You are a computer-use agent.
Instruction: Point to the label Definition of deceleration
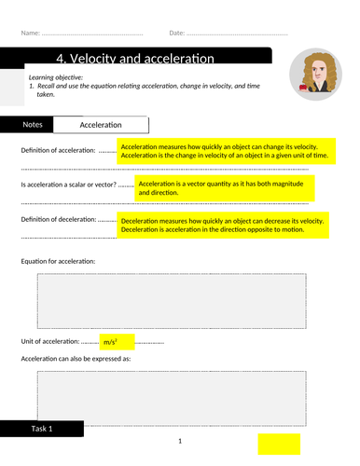(x=58, y=220)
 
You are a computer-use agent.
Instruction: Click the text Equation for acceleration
(x=58, y=261)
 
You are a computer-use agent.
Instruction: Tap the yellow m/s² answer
(x=117, y=343)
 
